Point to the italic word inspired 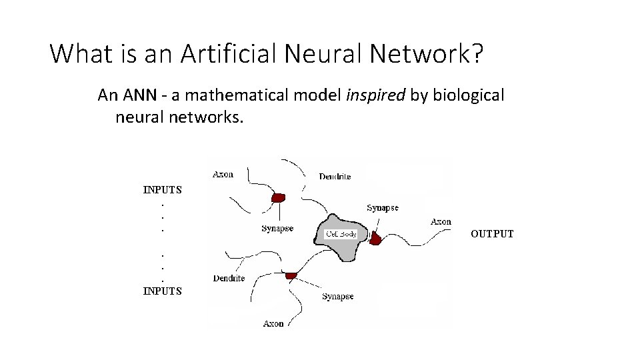375,95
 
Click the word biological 469,95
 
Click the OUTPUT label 492,234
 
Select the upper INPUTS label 163,189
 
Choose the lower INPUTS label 163,291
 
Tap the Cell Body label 341,234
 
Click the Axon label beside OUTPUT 441,221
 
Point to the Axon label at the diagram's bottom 273,323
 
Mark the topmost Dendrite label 335,177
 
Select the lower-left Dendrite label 229,278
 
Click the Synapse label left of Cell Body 277,229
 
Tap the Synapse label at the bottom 338,297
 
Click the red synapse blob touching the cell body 376,238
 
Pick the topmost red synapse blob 279,197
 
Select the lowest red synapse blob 291,275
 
